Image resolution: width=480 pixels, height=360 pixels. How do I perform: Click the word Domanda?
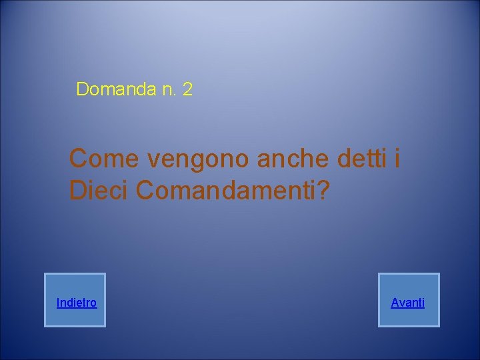coord(117,89)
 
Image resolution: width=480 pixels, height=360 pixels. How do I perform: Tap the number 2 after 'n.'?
coord(187,89)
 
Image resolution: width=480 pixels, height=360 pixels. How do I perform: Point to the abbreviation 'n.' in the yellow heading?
coord(169,89)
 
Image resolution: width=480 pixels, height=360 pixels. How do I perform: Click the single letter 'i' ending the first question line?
coord(397,159)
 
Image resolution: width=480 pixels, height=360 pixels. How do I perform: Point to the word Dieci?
coord(99,190)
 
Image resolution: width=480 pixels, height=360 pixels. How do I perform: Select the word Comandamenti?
coord(225,190)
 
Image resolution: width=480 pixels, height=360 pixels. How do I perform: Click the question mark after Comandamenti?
coord(323,190)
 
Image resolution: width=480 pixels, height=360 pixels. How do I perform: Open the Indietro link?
coord(76,303)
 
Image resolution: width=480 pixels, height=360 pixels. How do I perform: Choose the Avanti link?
coord(408,303)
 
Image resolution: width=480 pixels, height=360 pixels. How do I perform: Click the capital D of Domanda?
coord(83,89)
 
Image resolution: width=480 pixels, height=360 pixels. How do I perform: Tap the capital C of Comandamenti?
coord(146,190)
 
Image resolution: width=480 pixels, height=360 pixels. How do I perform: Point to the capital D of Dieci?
coord(78,190)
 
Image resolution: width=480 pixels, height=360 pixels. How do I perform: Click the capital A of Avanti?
coord(395,303)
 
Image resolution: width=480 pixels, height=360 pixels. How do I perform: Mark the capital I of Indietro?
coord(58,303)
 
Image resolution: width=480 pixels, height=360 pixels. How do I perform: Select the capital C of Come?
coord(80,159)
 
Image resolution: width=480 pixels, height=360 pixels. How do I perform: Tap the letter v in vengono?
coord(154,160)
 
